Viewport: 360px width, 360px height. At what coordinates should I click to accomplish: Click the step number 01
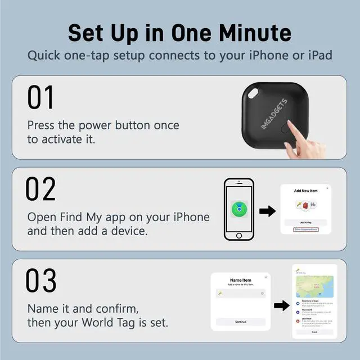[x=40, y=98]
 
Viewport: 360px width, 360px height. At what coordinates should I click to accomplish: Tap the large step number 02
[x=42, y=190]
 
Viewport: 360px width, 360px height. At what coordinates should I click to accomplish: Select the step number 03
[x=42, y=281]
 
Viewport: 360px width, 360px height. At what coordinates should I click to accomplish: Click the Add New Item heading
[x=305, y=191]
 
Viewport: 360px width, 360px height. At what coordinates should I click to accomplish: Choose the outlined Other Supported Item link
[x=305, y=229]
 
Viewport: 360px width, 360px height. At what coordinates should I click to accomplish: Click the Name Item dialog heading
[x=241, y=280]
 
